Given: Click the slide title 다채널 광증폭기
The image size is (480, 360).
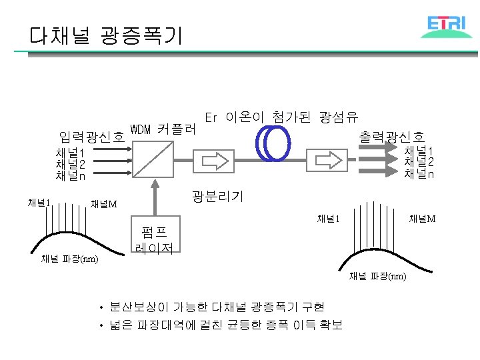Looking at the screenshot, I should coord(105,35).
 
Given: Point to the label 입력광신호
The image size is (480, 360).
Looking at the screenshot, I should coord(91,138).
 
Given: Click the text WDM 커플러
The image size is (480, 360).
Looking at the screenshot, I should coord(163,129).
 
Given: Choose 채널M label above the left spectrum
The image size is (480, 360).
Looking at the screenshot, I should coord(103,203).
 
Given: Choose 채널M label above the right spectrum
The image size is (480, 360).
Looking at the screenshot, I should coord(423,219).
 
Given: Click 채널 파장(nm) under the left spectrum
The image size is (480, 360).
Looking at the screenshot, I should coord(70,259).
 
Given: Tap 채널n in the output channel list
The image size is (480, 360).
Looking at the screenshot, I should coord(419,173).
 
